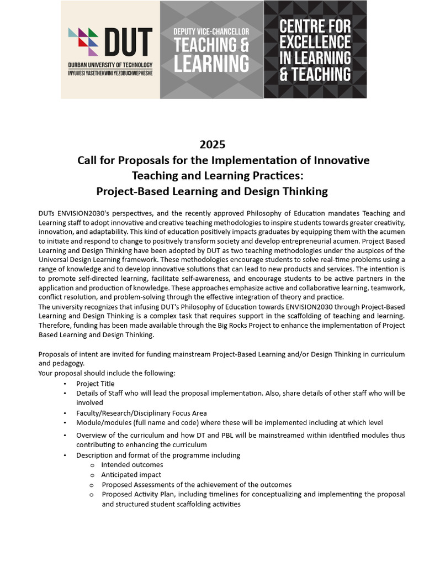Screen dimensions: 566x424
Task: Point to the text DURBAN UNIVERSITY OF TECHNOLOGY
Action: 110,65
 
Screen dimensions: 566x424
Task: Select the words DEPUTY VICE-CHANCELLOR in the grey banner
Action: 211,32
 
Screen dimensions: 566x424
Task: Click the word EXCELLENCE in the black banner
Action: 315,42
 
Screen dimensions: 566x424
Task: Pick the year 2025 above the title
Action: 212,145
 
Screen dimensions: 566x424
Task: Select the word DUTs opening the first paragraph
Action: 47,213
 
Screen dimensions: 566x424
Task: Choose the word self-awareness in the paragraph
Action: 194,279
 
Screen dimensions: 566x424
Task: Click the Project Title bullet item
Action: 96,384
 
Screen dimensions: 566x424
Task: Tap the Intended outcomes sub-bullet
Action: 132,465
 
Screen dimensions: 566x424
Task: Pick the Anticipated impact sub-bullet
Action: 131,475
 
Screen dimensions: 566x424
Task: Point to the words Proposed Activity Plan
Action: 137,494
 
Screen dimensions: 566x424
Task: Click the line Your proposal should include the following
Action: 107,373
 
